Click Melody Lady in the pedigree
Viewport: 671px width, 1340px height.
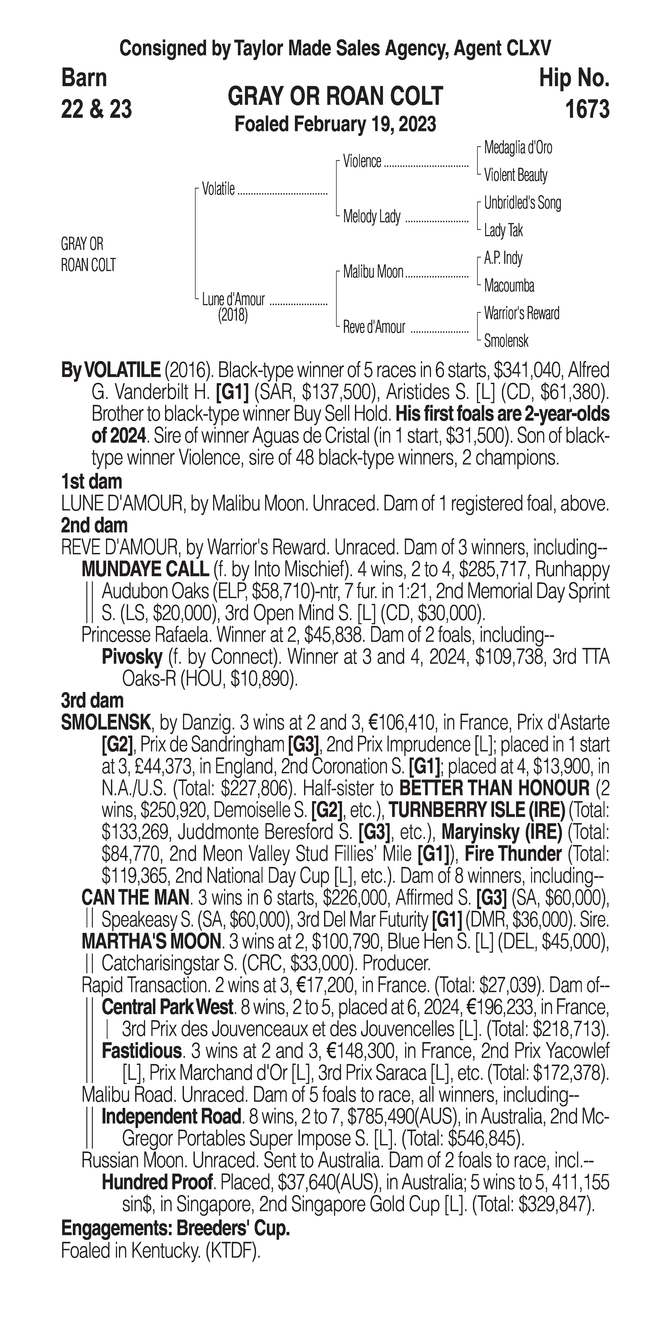[371, 216]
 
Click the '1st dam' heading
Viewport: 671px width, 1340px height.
[91, 482]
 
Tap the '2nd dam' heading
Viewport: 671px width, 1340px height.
[94, 526]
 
